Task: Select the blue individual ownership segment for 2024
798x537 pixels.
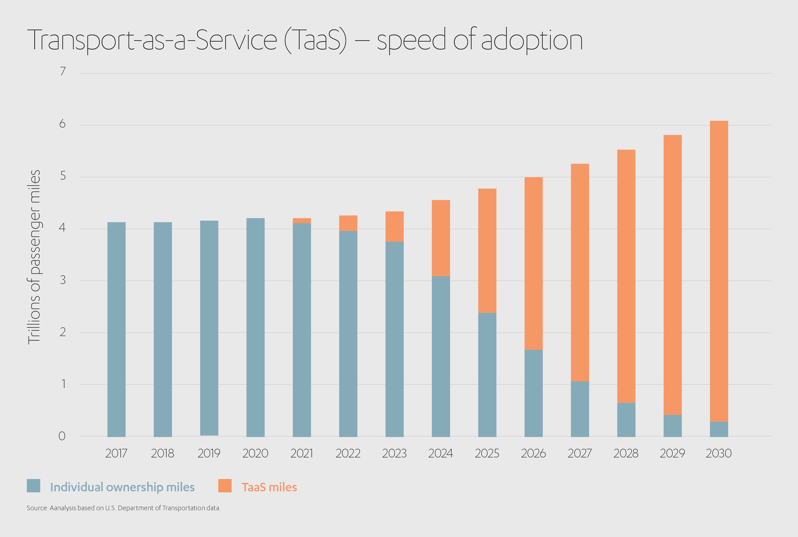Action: pyautogui.click(x=441, y=356)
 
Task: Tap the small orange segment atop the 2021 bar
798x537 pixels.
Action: pyautogui.click(x=301, y=221)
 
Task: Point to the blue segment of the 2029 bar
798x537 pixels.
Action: pyautogui.click(x=672, y=426)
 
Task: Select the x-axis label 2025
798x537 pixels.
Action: pyautogui.click(x=487, y=453)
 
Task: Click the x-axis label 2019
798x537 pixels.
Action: pyautogui.click(x=209, y=453)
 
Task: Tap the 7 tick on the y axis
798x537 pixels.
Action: pyautogui.click(x=63, y=72)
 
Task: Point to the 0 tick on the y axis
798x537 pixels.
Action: pyautogui.click(x=62, y=436)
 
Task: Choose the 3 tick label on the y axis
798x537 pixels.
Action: pyautogui.click(x=63, y=280)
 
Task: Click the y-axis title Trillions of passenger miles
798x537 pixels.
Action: pyautogui.click(x=34, y=257)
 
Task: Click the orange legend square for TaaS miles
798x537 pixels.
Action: pyautogui.click(x=225, y=486)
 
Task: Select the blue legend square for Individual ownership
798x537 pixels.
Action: pyautogui.click(x=34, y=486)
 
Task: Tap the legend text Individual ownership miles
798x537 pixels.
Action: pyautogui.click(x=122, y=487)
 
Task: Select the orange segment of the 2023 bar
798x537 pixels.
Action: pyautogui.click(x=394, y=226)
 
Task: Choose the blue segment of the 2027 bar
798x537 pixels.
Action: pyautogui.click(x=580, y=409)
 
